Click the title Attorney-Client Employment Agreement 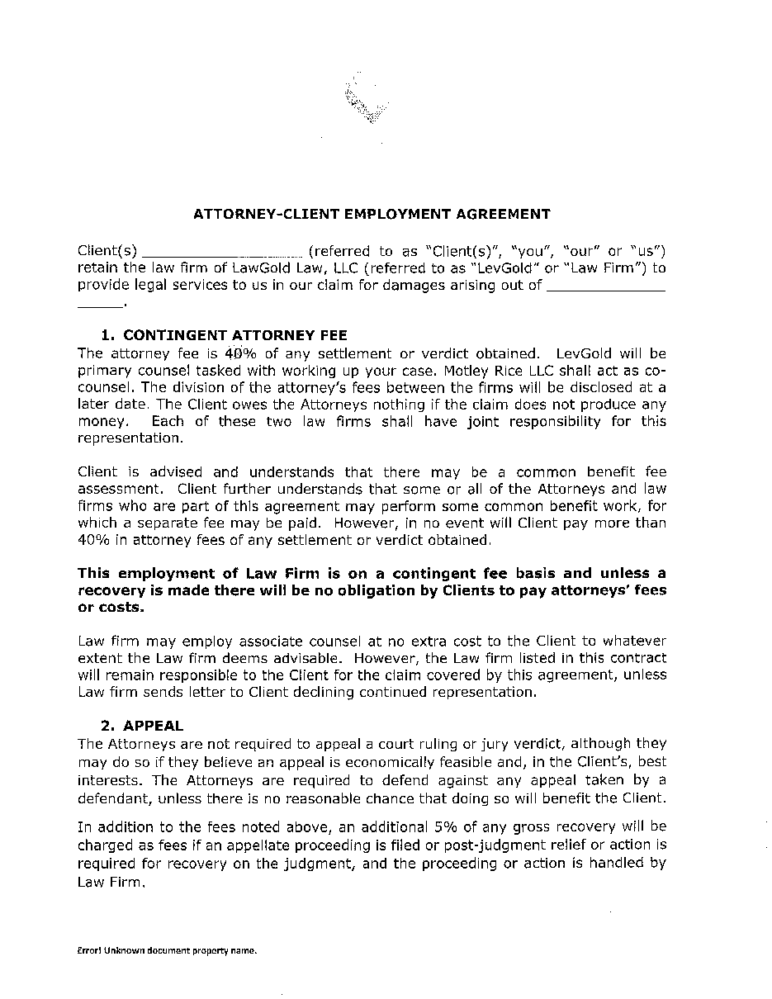click(372, 215)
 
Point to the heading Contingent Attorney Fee click(224, 335)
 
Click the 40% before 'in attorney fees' click(94, 540)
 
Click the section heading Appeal click(153, 726)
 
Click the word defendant click(114, 798)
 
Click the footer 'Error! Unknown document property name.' click(168, 951)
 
